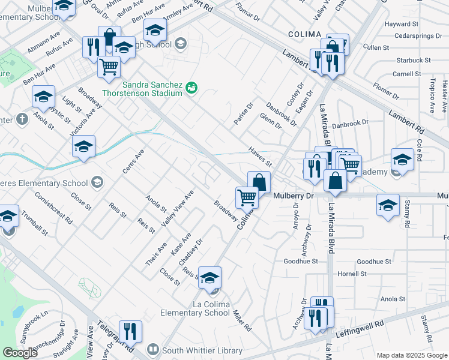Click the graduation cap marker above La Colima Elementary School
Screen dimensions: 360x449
(x=210, y=277)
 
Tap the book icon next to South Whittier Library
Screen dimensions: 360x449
(x=153, y=350)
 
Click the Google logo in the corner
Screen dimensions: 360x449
(x=20, y=353)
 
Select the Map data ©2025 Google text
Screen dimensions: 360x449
(x=411, y=355)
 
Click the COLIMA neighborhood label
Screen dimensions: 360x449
(x=305, y=35)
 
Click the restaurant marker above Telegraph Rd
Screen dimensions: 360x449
(x=130, y=331)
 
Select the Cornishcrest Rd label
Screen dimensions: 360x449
(x=53, y=208)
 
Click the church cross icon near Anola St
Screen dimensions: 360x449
(x=22, y=118)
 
